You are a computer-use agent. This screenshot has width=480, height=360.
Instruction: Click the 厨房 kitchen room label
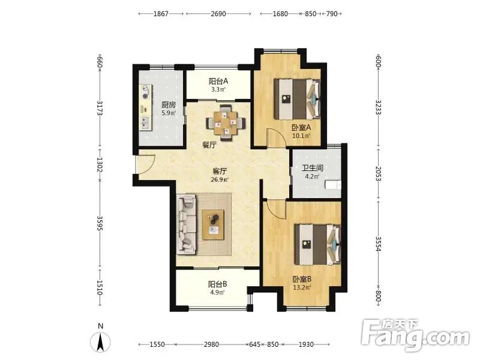pyautogui.click(x=169, y=104)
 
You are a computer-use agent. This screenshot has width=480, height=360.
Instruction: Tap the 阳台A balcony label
pyautogui.click(x=218, y=81)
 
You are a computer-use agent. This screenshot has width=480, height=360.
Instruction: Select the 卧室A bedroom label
pyautogui.click(x=301, y=127)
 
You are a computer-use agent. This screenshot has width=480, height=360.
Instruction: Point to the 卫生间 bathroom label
pyautogui.click(x=313, y=168)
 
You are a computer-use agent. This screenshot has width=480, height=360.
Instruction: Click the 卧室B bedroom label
pyautogui.click(x=302, y=279)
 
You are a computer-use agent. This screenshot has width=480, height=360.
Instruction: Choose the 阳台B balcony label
pyautogui.click(x=218, y=284)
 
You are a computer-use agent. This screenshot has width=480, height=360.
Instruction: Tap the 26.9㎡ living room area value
pyautogui.click(x=220, y=179)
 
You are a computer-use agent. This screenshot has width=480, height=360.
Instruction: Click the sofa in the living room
pyautogui.click(x=187, y=226)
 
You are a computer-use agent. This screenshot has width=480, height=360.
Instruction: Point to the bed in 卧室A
pyautogui.click(x=297, y=99)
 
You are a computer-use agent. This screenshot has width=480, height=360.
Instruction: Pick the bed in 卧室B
pyautogui.click(x=318, y=245)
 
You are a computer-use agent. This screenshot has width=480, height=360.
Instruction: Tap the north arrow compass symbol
pyautogui.click(x=100, y=342)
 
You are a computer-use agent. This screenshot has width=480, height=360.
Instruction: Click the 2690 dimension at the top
pyautogui.click(x=218, y=14)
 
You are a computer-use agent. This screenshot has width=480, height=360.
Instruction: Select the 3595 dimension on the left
pyautogui.click(x=100, y=223)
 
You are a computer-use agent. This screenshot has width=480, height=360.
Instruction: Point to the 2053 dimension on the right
pyautogui.click(x=378, y=173)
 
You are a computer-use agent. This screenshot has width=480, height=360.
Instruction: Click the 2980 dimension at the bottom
pyautogui.click(x=211, y=344)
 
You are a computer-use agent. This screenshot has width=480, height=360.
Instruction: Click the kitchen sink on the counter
pyautogui.click(x=145, y=123)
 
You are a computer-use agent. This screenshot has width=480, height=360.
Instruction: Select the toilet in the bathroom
pyautogui.click(x=333, y=185)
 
